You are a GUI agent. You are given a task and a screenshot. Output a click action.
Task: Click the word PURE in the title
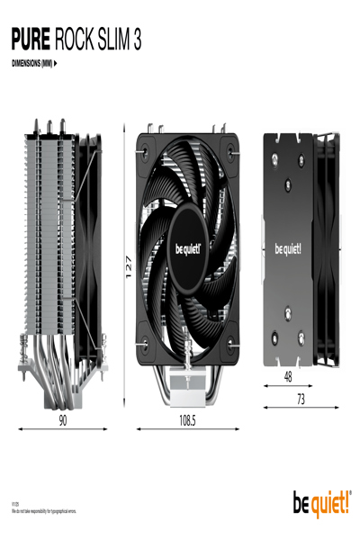tap(30, 40)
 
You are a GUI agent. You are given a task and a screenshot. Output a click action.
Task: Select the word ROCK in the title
tap(76, 40)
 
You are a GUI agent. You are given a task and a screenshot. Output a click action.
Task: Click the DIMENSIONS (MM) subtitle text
tap(32, 64)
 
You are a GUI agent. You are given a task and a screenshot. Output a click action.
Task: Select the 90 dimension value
tap(63, 419)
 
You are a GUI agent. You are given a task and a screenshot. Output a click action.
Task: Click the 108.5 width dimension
tap(187, 419)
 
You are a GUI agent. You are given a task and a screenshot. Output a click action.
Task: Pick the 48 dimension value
tap(288, 376)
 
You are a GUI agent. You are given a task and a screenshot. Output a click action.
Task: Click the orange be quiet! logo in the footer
tap(321, 505)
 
